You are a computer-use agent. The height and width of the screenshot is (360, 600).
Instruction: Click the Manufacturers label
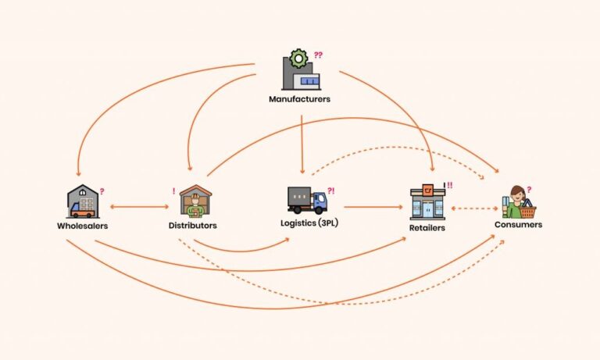(299, 100)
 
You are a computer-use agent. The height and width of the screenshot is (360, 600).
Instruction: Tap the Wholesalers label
(82, 226)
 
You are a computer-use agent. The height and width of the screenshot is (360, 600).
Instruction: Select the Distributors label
(193, 226)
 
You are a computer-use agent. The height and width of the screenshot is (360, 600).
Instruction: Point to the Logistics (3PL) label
(309, 223)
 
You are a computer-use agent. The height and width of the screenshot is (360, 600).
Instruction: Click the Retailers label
(427, 228)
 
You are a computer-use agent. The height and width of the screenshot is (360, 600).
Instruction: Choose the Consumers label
(518, 225)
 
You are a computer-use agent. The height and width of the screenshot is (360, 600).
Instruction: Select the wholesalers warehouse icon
(82, 201)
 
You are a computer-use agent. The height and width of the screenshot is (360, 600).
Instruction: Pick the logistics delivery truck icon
(307, 200)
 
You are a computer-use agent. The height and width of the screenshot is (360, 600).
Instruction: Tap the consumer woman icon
(515, 202)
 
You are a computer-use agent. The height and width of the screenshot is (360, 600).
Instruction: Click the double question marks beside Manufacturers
(318, 55)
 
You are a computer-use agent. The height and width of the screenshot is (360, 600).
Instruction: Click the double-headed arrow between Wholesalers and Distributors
(140, 207)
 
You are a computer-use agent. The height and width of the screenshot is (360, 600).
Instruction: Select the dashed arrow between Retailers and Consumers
(475, 209)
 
